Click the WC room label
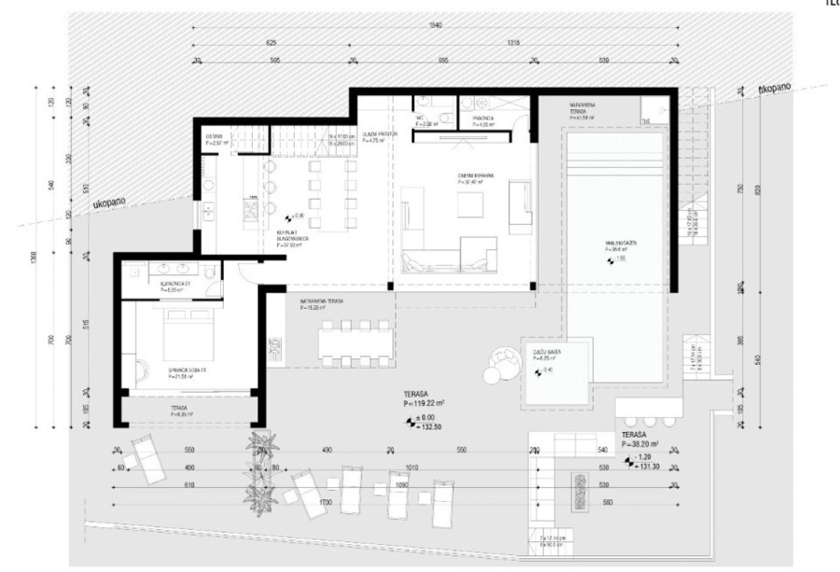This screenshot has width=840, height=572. (423, 120)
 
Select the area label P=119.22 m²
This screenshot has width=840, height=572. (423, 404)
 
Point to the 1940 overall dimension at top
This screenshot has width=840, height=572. (432, 24)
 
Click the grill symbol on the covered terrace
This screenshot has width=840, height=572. (275, 347)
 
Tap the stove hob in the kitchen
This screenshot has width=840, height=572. (252, 214)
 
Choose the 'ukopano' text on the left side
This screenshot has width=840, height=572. (111, 202)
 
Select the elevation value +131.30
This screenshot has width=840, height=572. (650, 465)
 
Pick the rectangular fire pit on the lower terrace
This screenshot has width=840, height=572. (580, 486)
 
